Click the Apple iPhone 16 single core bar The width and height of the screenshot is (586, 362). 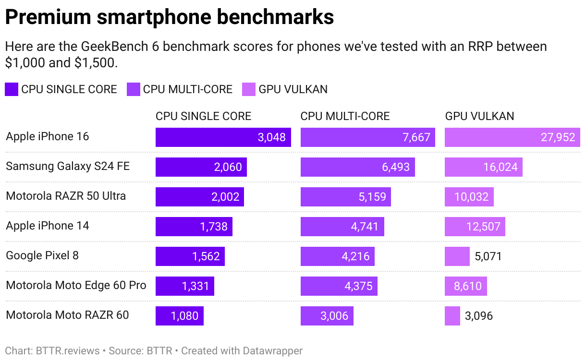point(223,137)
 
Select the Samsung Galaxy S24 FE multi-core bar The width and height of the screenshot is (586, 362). point(357,167)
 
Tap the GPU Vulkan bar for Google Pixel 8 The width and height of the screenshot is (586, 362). point(457,256)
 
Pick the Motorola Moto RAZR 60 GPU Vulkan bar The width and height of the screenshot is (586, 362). point(452,316)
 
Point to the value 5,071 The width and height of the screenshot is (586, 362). point(488,256)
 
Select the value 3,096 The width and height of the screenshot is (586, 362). point(479,316)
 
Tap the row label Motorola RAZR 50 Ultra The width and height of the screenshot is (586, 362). point(66,196)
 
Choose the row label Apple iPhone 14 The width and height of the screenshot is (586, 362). point(48,226)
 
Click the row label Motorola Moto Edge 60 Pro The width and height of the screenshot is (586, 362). point(76,285)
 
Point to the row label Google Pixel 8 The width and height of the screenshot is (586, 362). point(42,255)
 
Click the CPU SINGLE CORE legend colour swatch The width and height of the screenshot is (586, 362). point(12,89)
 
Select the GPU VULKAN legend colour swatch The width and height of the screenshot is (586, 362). point(249,89)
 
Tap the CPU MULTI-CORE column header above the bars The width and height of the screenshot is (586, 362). point(345,116)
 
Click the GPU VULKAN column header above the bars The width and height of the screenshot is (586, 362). point(479,116)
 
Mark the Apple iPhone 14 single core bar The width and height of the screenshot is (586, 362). point(194,227)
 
